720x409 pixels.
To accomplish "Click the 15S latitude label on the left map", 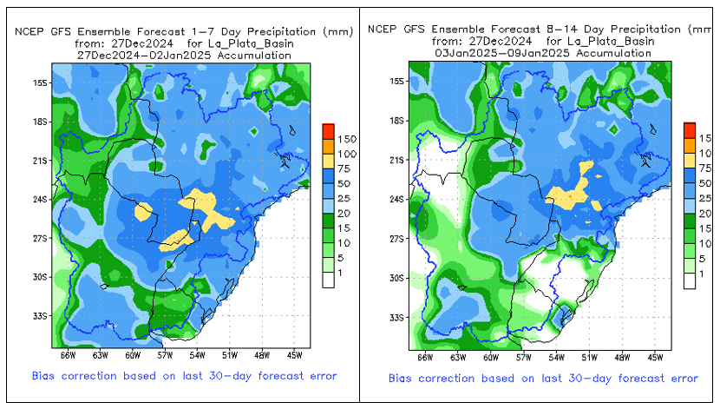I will (x=38, y=83).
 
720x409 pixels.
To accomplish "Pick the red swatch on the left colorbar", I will (x=328, y=131).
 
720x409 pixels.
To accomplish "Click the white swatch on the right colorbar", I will (x=690, y=280).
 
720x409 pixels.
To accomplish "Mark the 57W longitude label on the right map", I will (x=524, y=356).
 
